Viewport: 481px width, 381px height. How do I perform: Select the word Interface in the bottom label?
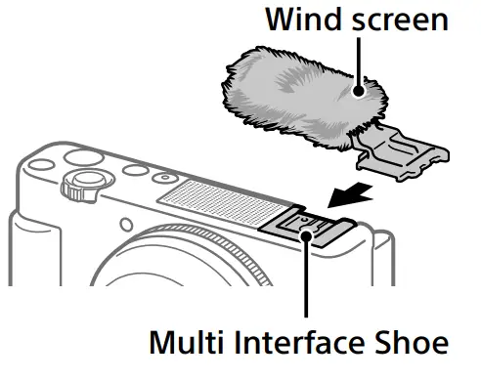(x=281, y=343)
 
